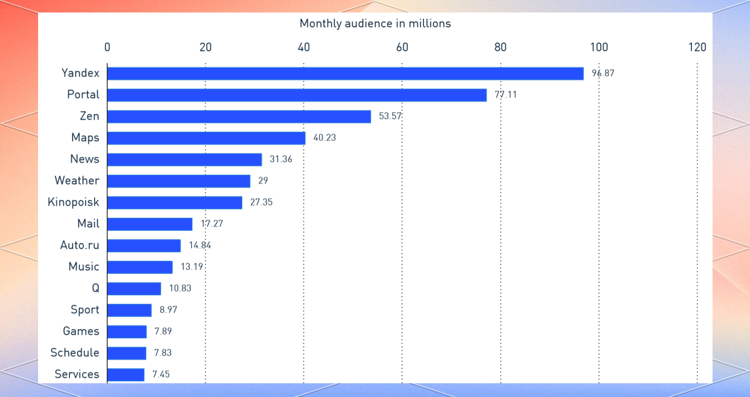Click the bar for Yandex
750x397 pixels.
(345, 74)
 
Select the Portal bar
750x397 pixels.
(297, 95)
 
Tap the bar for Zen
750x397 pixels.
(239, 117)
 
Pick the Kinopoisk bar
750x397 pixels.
(175, 202)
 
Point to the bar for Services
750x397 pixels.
(126, 375)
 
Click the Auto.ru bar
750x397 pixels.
(144, 245)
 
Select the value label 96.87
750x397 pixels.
(603, 73)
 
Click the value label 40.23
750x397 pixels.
(325, 137)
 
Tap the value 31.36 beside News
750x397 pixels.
(281, 159)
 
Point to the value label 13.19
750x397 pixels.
(192, 267)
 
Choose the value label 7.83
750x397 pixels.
(162, 353)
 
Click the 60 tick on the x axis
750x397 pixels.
(402, 47)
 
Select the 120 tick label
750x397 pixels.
(697, 47)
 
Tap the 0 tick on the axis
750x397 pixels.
(107, 47)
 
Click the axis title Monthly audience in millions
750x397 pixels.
(375, 24)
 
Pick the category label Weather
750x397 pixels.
(77, 180)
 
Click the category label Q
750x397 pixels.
(95, 288)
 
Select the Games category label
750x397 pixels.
(81, 331)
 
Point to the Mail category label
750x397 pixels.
(88, 223)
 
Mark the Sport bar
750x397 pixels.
(130, 310)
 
